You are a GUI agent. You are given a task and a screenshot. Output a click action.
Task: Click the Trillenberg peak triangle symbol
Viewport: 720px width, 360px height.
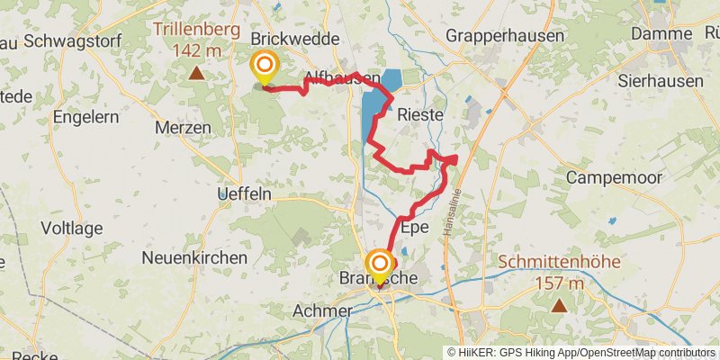pyautogui.click(x=195, y=72)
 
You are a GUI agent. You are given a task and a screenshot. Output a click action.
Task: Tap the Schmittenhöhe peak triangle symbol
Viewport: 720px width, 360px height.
pyautogui.click(x=559, y=305)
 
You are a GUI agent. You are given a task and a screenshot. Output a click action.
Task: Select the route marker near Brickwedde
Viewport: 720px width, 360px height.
pyautogui.click(x=265, y=66)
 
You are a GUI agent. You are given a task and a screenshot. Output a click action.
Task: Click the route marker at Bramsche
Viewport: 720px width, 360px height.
pyautogui.click(x=380, y=265)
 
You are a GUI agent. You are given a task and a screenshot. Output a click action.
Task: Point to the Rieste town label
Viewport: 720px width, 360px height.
pyautogui.click(x=420, y=115)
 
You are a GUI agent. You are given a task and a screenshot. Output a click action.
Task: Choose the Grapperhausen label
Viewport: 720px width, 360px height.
pyautogui.click(x=506, y=37)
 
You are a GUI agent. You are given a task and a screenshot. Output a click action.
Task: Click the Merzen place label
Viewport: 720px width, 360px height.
pyautogui.click(x=184, y=129)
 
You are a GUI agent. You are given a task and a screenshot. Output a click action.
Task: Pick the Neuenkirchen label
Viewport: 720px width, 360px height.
pyautogui.click(x=194, y=257)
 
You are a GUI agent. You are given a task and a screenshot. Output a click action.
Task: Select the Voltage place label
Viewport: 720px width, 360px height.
pyautogui.click(x=74, y=229)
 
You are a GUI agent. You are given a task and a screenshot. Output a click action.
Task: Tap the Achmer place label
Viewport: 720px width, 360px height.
pyautogui.click(x=322, y=310)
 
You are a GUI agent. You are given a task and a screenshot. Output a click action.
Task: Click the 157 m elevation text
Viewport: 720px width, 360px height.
pyautogui.click(x=560, y=284)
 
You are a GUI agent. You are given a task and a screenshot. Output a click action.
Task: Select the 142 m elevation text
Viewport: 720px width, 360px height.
pyautogui.click(x=196, y=50)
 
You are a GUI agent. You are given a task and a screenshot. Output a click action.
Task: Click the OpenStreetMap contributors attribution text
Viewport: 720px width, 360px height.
pyautogui.click(x=646, y=353)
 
